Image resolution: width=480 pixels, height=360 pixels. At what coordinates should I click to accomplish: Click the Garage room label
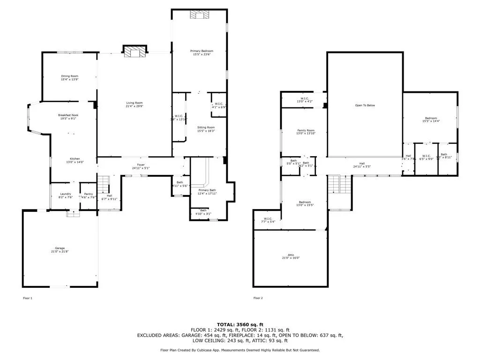pos(60,248)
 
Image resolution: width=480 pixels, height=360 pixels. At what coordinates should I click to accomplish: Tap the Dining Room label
pos(69,76)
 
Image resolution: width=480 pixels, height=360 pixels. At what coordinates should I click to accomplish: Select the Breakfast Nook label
pos(68,115)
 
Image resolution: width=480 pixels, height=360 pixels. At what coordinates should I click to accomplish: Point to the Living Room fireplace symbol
pos(135,51)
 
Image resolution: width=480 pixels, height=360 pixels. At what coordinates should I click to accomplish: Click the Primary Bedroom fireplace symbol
pos(199,15)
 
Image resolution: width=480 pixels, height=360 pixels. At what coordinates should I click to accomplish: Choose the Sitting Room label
pos(206,127)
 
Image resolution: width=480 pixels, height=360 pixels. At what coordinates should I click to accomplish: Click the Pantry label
pos(88,194)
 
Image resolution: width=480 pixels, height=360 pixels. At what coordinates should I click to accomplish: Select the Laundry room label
pos(66,194)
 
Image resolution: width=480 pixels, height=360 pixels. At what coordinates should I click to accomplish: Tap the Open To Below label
pos(365,105)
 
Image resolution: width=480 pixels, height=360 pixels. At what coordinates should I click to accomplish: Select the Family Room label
pos(306,131)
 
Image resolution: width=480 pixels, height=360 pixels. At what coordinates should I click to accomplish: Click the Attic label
pos(290,255)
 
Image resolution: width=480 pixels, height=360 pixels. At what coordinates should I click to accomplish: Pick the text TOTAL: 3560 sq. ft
pos(240,324)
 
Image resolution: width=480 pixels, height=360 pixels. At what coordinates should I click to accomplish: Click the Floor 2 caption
pos(258,298)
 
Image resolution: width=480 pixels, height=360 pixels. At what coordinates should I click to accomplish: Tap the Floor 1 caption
pos(28,298)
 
